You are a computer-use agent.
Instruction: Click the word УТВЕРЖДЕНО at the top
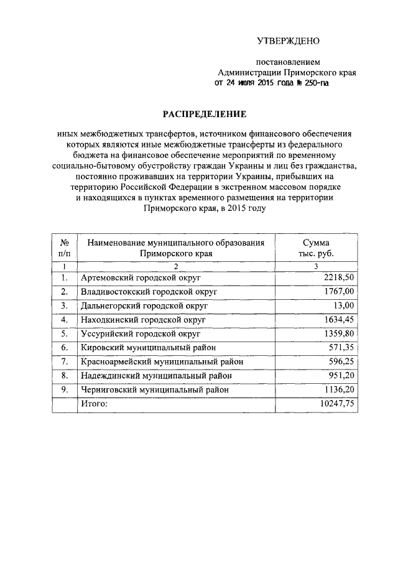click(x=288, y=42)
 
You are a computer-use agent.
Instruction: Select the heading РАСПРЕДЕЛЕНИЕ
click(x=205, y=114)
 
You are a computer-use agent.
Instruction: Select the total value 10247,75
click(x=336, y=404)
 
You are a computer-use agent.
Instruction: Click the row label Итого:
click(x=94, y=404)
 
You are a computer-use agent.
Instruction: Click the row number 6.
click(x=63, y=348)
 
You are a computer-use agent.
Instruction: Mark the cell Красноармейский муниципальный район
click(x=161, y=361)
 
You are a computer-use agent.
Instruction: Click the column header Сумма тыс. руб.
click(x=316, y=248)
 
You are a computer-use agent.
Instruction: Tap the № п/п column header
click(x=63, y=248)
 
